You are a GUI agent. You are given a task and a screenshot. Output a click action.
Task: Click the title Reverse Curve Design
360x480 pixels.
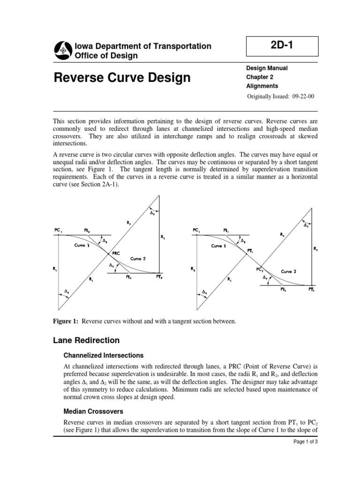tap(123, 77)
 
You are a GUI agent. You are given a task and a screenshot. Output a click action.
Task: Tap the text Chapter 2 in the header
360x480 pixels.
tap(259, 77)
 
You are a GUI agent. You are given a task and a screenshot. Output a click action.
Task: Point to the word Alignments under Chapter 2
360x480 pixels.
tap(262, 86)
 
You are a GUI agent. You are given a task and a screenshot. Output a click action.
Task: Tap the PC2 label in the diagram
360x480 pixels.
tap(260, 270)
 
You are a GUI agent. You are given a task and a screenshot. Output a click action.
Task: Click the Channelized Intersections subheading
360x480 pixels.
tap(103, 355)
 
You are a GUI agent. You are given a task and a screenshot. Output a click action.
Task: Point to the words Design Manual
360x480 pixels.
tap(267, 68)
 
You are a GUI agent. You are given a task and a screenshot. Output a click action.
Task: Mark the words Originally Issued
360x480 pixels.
tap(265, 97)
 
